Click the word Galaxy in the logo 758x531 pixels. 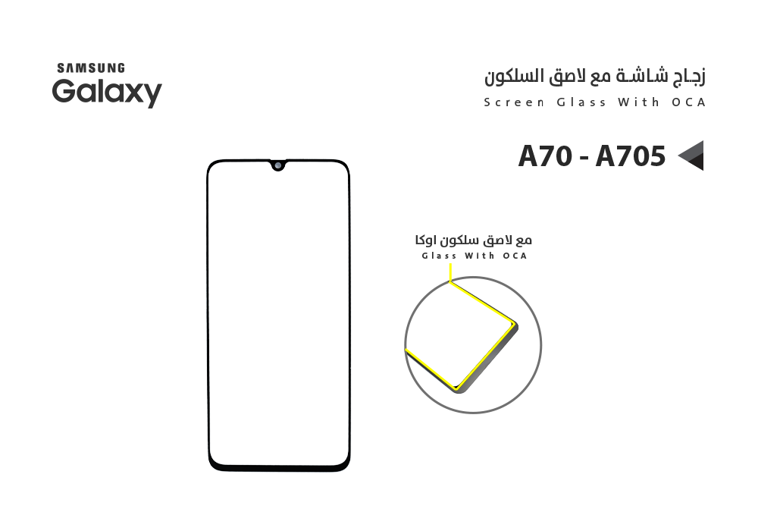tap(107, 93)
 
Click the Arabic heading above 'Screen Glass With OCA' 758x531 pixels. tap(595, 77)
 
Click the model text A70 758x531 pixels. tap(546, 156)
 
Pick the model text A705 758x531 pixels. tap(630, 156)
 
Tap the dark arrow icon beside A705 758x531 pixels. tap(690, 156)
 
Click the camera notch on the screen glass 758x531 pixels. tap(279, 165)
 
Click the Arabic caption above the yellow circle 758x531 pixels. tap(474, 240)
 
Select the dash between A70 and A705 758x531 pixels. tap(584, 158)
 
